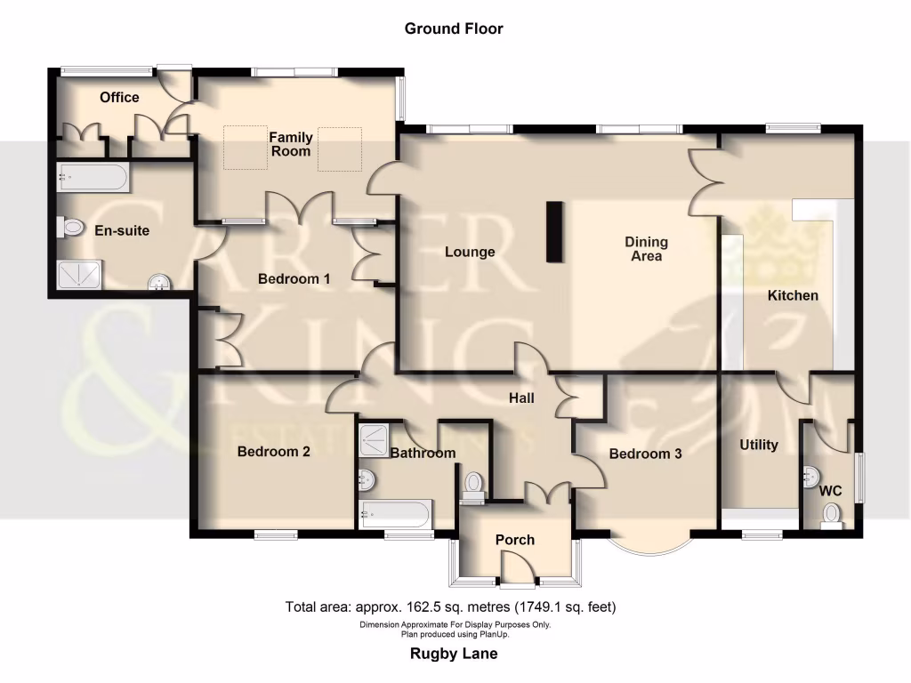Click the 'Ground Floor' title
454,28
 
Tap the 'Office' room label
119,97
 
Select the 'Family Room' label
291,144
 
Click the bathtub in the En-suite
93,177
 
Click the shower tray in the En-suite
79,276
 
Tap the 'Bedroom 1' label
294,279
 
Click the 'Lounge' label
470,252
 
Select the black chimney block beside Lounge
554,232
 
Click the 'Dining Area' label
646,249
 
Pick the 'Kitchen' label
793,295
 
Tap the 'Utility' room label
759,445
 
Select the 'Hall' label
521,398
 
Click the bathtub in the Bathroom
396,514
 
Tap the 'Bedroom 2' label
273,452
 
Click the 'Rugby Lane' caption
454,654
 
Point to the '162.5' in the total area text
429,608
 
